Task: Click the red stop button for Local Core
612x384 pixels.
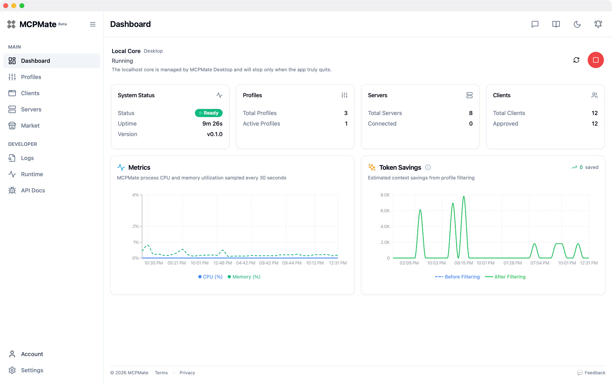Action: coord(596,60)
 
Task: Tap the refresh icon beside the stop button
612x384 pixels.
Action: coord(576,60)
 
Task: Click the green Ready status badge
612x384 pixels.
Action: coord(209,113)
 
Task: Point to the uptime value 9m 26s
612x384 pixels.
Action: coord(212,124)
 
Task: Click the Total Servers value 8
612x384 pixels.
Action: coord(471,113)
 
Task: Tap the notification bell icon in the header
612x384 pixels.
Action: coord(598,24)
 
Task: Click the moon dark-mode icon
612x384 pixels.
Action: coord(577,24)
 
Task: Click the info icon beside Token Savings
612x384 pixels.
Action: coord(428,167)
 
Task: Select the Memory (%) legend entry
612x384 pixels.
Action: coord(244,277)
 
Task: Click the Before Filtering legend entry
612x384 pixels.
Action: coord(457,277)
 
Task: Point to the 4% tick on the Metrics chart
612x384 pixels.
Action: coord(135,195)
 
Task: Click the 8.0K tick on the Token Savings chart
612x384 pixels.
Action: coord(385,195)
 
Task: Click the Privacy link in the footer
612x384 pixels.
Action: coord(187,373)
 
